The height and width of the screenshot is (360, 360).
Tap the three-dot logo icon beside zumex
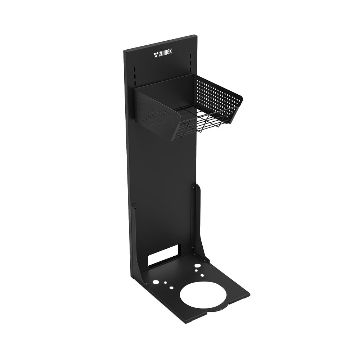click(x=156, y=54)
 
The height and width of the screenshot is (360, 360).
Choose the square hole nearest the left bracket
click(x=171, y=288)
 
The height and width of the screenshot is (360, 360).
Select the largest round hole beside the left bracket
click(x=156, y=281)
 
